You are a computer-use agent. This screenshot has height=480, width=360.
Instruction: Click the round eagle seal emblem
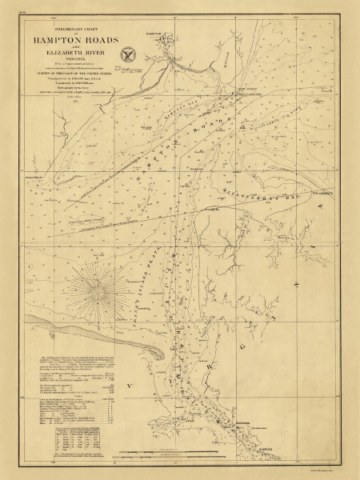click(126, 55)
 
